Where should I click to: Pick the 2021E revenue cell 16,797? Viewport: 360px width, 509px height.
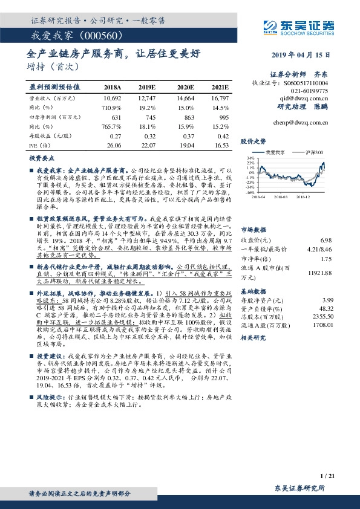[220, 97]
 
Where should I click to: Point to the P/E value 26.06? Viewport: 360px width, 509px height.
[113, 146]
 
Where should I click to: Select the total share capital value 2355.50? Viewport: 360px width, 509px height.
[324, 314]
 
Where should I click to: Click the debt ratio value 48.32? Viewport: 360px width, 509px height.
[326, 306]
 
